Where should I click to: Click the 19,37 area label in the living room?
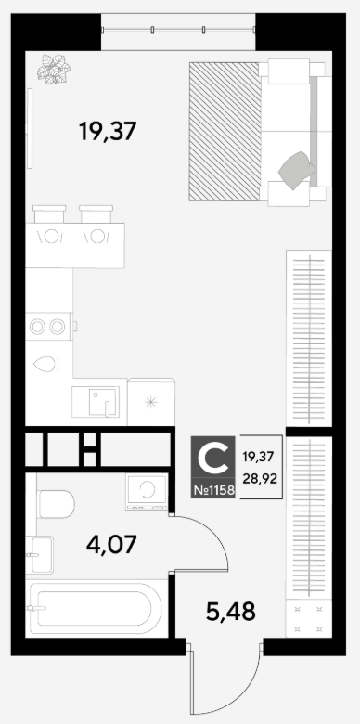tap(108, 131)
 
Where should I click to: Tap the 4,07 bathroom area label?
tap(111, 545)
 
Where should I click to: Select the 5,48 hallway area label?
tap(230, 612)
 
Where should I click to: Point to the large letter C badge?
tap(212, 457)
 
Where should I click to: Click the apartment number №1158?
tap(212, 489)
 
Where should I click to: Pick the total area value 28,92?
tap(259, 479)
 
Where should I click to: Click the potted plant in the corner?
tap(54, 70)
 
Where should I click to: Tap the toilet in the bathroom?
tap(57, 504)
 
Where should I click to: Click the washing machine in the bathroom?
tap(147, 491)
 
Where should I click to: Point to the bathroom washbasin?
tap(41, 554)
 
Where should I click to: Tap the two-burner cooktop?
tap(49, 327)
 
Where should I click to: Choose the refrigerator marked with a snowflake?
tap(151, 402)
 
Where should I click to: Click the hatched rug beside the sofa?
tap(225, 132)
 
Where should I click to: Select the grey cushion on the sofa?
tap(297, 170)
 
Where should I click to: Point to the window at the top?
tap(178, 31)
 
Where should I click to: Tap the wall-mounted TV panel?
tap(30, 128)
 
